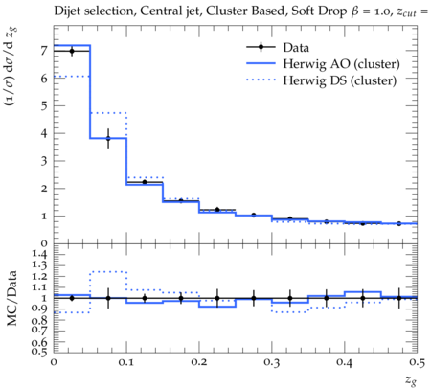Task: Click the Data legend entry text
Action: (x=296, y=48)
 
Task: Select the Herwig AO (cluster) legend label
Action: (x=341, y=64)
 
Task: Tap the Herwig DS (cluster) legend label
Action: (x=340, y=80)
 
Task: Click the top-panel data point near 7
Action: (x=72, y=51)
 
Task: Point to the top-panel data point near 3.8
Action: (x=108, y=138)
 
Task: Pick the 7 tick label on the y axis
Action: (x=44, y=51)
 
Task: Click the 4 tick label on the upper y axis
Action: (x=44, y=133)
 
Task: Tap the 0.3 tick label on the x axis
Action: (x=272, y=362)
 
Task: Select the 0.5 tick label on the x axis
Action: (x=418, y=362)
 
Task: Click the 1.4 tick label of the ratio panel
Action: (x=39, y=254)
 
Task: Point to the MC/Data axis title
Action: (x=12, y=298)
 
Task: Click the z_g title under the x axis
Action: (x=411, y=380)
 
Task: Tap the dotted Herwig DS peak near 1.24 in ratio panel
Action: (x=108, y=272)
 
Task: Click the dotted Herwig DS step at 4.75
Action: (x=108, y=113)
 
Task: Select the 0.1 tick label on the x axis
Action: (x=126, y=362)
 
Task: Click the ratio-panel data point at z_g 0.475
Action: (x=398, y=298)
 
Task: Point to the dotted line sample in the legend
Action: (x=261, y=80)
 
